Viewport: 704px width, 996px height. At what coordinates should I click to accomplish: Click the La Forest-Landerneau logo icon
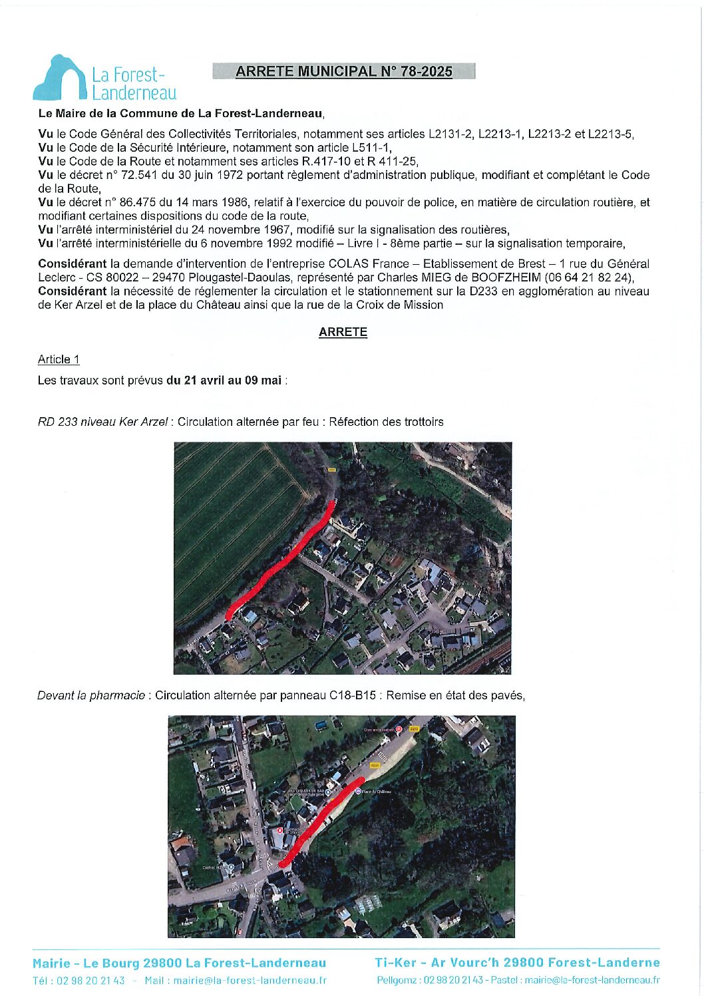pos(59,79)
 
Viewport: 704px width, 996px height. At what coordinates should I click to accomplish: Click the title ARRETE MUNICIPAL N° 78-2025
pos(343,72)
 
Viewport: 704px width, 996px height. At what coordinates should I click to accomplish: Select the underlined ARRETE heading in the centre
pos(343,332)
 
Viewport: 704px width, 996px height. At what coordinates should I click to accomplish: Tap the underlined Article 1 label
pos(59,359)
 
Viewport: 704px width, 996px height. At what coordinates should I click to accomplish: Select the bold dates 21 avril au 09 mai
pos(224,381)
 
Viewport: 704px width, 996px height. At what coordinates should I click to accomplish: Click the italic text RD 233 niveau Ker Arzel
pos(102,422)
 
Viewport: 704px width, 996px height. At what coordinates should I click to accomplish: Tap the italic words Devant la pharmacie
pos(91,695)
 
